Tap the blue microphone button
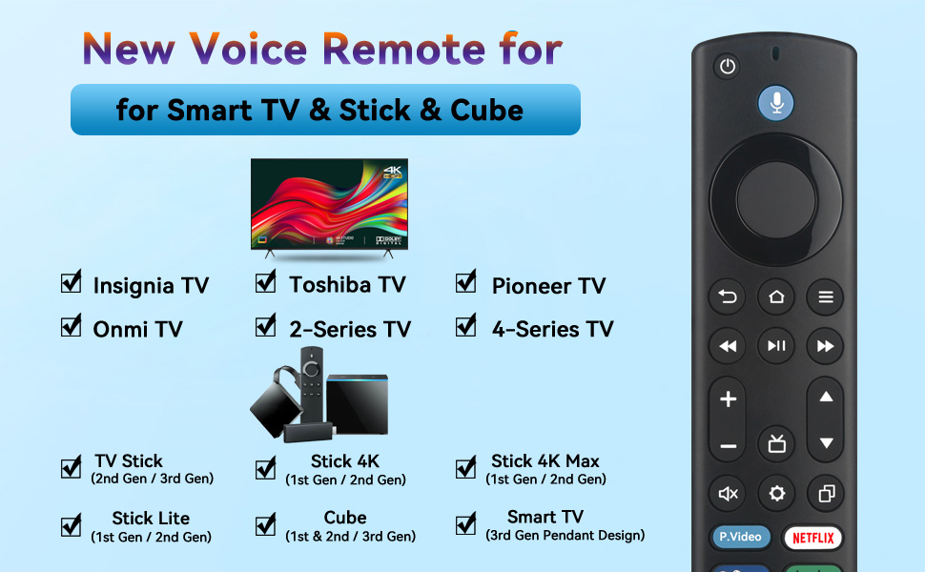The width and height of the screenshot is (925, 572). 776,103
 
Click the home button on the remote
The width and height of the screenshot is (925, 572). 776,297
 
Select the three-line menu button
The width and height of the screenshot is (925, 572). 826,297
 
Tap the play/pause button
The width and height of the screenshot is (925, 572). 776,346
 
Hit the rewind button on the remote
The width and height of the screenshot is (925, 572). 728,346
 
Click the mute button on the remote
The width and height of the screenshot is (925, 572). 728,493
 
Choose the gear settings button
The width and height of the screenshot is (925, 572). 776,493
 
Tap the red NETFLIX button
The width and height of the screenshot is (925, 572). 812,538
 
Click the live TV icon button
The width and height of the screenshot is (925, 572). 776,443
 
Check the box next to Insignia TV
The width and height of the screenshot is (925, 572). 72,282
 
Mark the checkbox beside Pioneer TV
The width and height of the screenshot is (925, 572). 466,282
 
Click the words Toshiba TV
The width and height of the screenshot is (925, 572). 347,284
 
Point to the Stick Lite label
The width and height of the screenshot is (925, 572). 151,519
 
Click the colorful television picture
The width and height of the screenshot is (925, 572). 329,204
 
